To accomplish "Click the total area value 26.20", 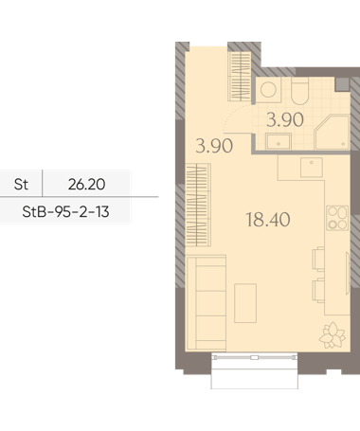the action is pos(86,184).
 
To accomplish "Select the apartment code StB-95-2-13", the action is pos(65,211).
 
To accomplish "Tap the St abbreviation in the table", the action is pos(21,184).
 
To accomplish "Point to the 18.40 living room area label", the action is pos(268,220).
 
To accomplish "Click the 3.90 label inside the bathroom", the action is pos(285,120).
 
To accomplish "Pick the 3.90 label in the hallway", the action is pos(214,146).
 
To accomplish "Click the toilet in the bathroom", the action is pos(299,91).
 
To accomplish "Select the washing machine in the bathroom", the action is pos(268,90).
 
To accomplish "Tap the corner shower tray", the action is pos(333,133).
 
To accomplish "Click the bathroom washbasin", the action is pos(279,141).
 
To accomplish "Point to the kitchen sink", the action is pos(312,168).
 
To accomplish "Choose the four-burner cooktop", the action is pos(337,218).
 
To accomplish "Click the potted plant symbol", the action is pos(333,335).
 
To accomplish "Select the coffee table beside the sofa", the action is pos(245,303).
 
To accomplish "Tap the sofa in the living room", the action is pos(207,303).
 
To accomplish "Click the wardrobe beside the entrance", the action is pos(240,76).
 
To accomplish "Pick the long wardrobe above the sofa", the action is pos(198,205).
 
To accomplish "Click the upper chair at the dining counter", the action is pos(318,259).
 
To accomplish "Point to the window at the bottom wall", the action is pos(254,357).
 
